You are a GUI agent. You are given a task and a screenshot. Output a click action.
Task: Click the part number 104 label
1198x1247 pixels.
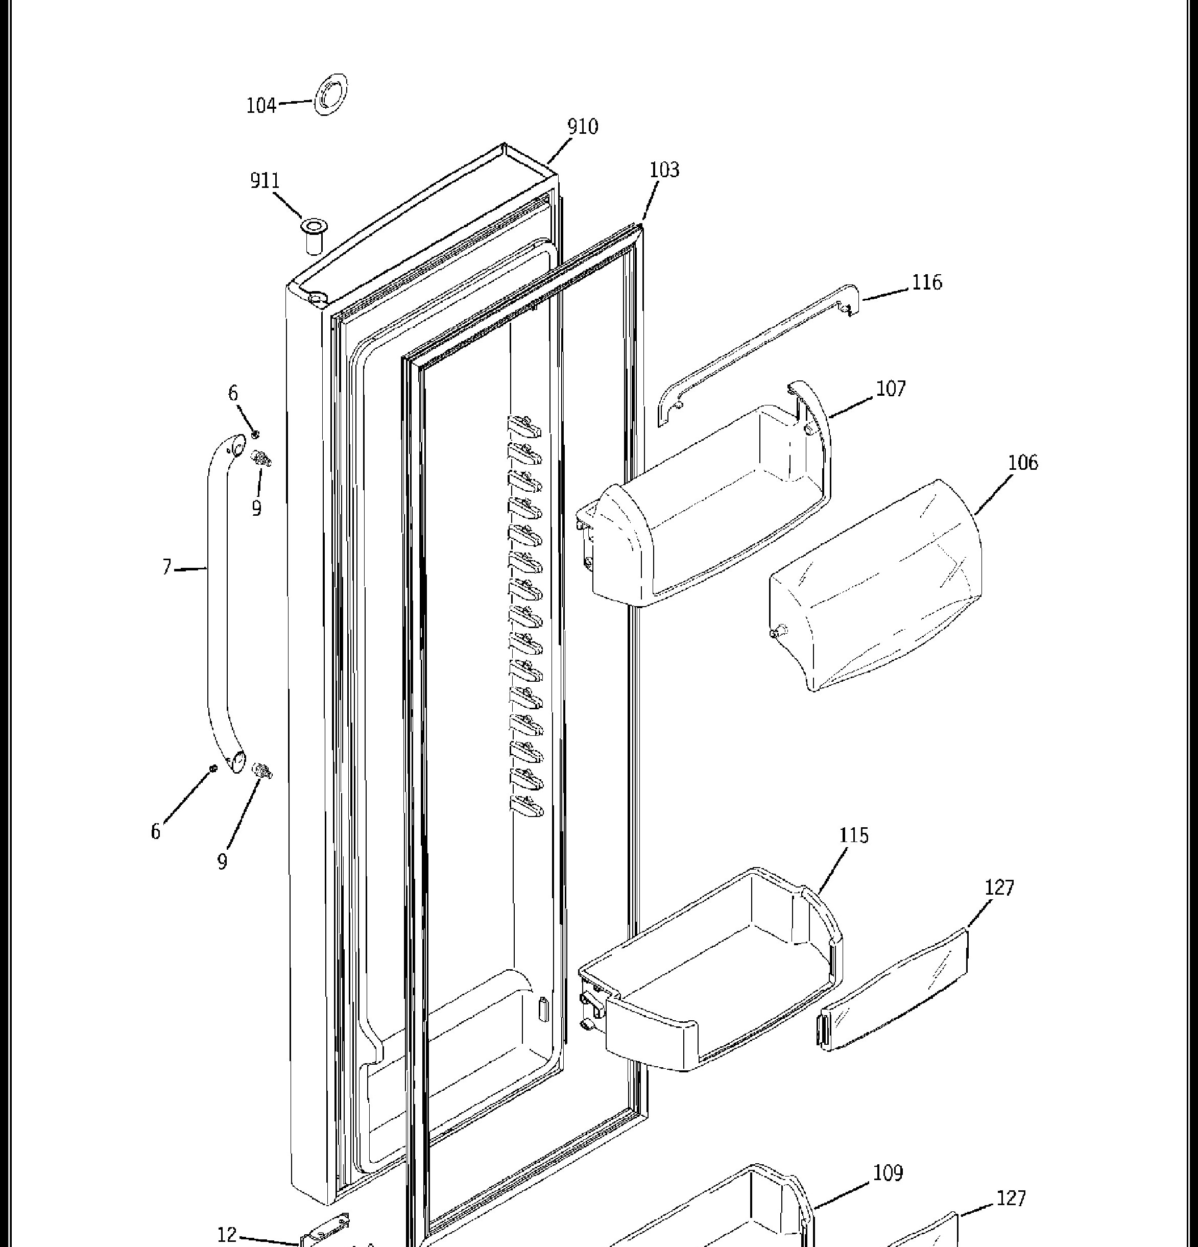[261, 105]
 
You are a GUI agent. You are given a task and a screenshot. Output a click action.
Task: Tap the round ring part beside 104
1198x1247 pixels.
[331, 95]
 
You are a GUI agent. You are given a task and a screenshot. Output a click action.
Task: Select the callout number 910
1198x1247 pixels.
[583, 127]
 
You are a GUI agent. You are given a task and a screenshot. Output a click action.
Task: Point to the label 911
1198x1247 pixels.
[265, 181]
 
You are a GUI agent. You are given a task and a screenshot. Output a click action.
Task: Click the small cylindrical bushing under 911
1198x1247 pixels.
[313, 235]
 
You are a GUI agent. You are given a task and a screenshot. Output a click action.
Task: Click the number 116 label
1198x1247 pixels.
[927, 282]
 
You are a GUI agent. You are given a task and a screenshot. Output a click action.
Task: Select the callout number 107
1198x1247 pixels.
[891, 388]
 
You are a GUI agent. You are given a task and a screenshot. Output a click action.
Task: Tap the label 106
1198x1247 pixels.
[1023, 462]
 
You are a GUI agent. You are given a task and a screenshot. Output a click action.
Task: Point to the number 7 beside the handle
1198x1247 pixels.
[166, 566]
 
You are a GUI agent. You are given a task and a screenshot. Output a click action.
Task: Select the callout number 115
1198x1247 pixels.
[854, 835]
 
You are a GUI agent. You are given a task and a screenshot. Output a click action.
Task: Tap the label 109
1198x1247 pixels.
[888, 1172]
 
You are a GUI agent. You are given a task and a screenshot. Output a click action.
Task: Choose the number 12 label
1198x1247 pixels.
[227, 1234]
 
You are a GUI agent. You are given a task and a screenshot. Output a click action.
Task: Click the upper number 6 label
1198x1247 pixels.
[233, 393]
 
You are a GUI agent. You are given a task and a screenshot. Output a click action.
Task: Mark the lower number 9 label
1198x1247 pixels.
[222, 861]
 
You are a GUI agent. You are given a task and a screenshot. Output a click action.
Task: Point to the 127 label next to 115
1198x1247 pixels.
[999, 887]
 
